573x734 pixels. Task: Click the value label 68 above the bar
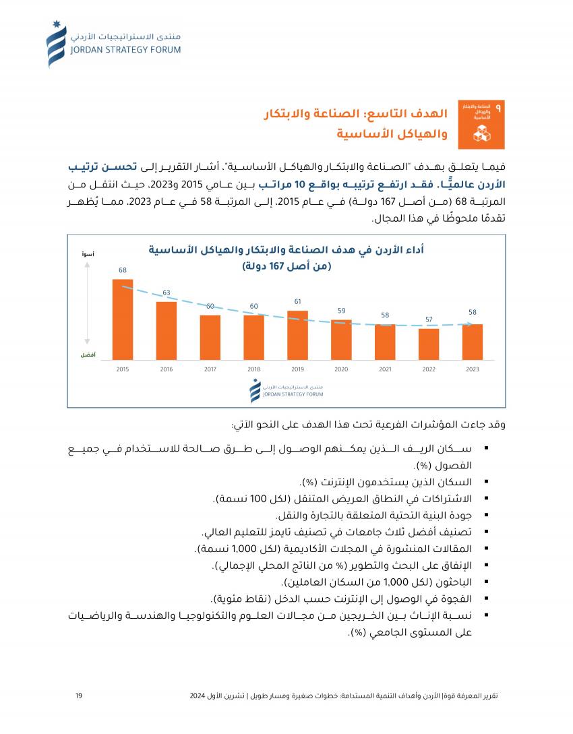[123, 270]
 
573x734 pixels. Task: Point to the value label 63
[167, 293]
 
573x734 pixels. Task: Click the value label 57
[429, 319]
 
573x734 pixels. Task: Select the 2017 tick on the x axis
[210, 369]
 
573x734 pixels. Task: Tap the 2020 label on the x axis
[341, 369]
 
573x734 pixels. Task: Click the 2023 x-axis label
[473, 369]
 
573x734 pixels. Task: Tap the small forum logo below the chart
[286, 391]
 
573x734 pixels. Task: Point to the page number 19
[79, 696]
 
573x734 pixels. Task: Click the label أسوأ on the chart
[88, 255]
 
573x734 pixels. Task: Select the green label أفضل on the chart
[88, 355]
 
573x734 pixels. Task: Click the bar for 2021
[385, 342]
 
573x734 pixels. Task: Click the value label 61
[297, 301]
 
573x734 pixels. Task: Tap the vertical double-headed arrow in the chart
[88, 303]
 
